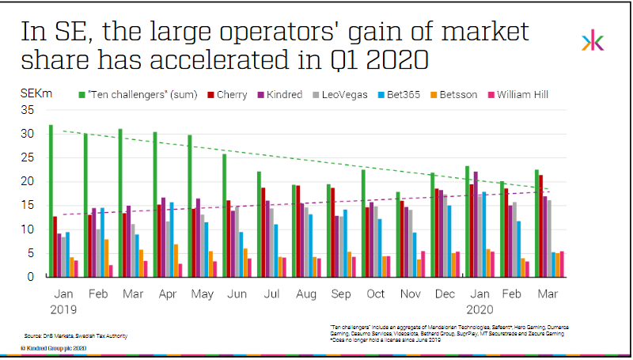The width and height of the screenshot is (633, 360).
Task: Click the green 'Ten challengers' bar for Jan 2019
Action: point(51,201)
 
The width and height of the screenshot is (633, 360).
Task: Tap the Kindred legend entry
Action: point(282,95)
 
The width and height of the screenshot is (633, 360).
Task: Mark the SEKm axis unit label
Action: point(36,93)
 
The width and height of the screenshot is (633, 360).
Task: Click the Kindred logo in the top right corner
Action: point(592,42)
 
